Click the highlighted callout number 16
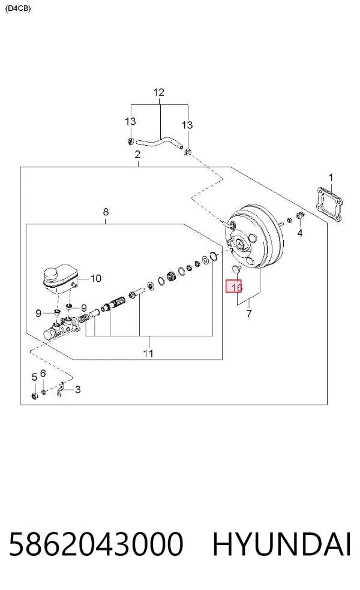237,287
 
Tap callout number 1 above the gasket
331,177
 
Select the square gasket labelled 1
330,204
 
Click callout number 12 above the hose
159,92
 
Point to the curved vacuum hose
159,143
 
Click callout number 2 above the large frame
137,154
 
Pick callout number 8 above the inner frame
106,212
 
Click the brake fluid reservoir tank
60,278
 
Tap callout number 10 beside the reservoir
96,278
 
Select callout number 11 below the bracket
148,353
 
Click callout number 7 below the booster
249,314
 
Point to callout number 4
300,233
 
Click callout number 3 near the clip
77,390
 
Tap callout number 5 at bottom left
34,377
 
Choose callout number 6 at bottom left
43,374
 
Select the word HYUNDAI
281,544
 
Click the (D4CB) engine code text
17,8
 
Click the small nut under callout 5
35,396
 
